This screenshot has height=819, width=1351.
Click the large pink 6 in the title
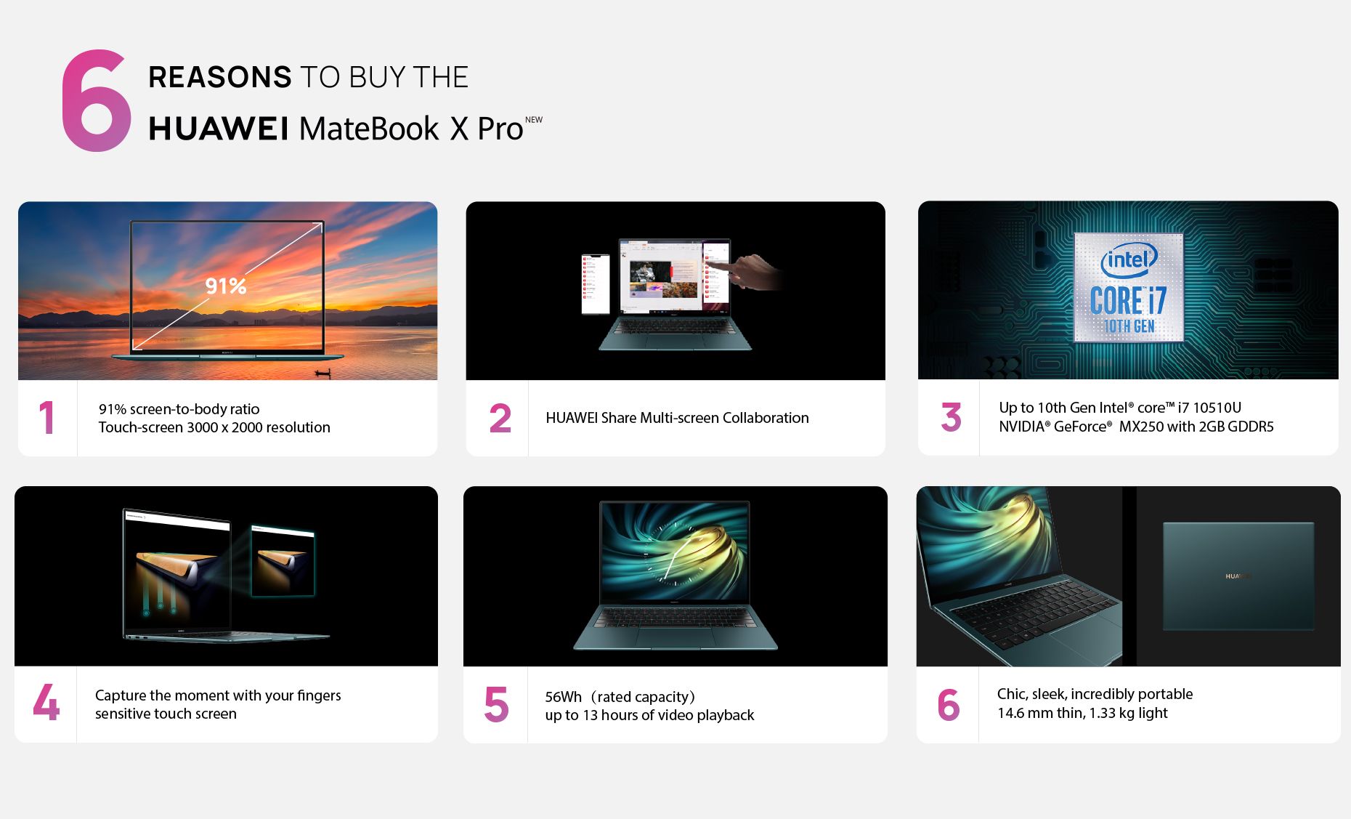(x=97, y=101)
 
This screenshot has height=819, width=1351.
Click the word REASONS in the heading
(x=220, y=77)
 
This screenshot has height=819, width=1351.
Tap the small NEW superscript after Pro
(x=534, y=120)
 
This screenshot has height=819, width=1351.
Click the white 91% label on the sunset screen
(x=226, y=286)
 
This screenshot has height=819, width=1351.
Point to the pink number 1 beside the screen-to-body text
(x=47, y=418)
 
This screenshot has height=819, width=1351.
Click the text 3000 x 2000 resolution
(x=259, y=427)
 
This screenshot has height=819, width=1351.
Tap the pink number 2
(x=500, y=419)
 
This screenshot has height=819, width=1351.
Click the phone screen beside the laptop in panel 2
(x=596, y=283)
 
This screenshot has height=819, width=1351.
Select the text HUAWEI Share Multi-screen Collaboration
(x=677, y=418)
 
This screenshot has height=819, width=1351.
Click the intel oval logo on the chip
(x=1129, y=259)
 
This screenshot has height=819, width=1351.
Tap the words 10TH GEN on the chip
(x=1129, y=326)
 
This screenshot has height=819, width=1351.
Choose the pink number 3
(x=952, y=417)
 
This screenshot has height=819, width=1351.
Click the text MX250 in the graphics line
(x=1141, y=427)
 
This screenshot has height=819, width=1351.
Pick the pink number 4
(x=46, y=703)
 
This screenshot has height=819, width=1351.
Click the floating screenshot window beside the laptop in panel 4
(x=283, y=560)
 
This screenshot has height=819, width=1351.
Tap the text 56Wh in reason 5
(x=564, y=697)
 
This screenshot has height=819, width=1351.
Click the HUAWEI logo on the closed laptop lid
(x=1238, y=576)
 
